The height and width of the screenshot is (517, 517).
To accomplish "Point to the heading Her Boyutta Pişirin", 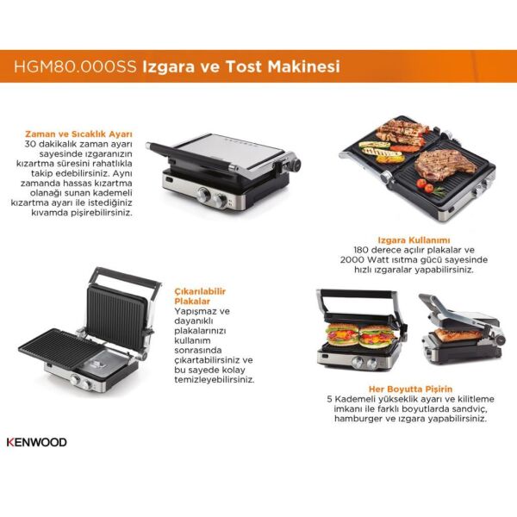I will click(408, 389).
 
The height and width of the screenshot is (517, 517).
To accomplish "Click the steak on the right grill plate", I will click(439, 160).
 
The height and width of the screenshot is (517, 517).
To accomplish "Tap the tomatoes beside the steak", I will click(426, 184).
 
